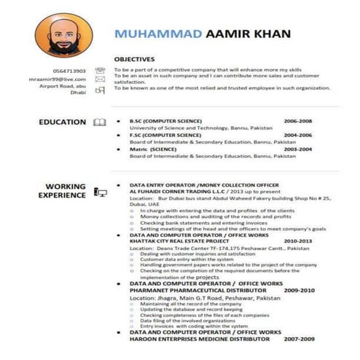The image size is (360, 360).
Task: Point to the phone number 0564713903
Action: (x=69, y=71)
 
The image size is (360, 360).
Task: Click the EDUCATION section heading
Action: (x=63, y=122)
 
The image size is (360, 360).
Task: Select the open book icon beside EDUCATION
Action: (x=100, y=122)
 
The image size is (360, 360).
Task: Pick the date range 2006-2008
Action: (x=297, y=120)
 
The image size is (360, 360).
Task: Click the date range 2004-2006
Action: (x=297, y=135)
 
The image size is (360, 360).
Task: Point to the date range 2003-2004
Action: (x=297, y=149)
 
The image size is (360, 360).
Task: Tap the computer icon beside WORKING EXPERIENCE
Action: (x=100, y=192)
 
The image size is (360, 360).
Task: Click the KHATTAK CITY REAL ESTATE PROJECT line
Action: (x=180, y=240)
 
